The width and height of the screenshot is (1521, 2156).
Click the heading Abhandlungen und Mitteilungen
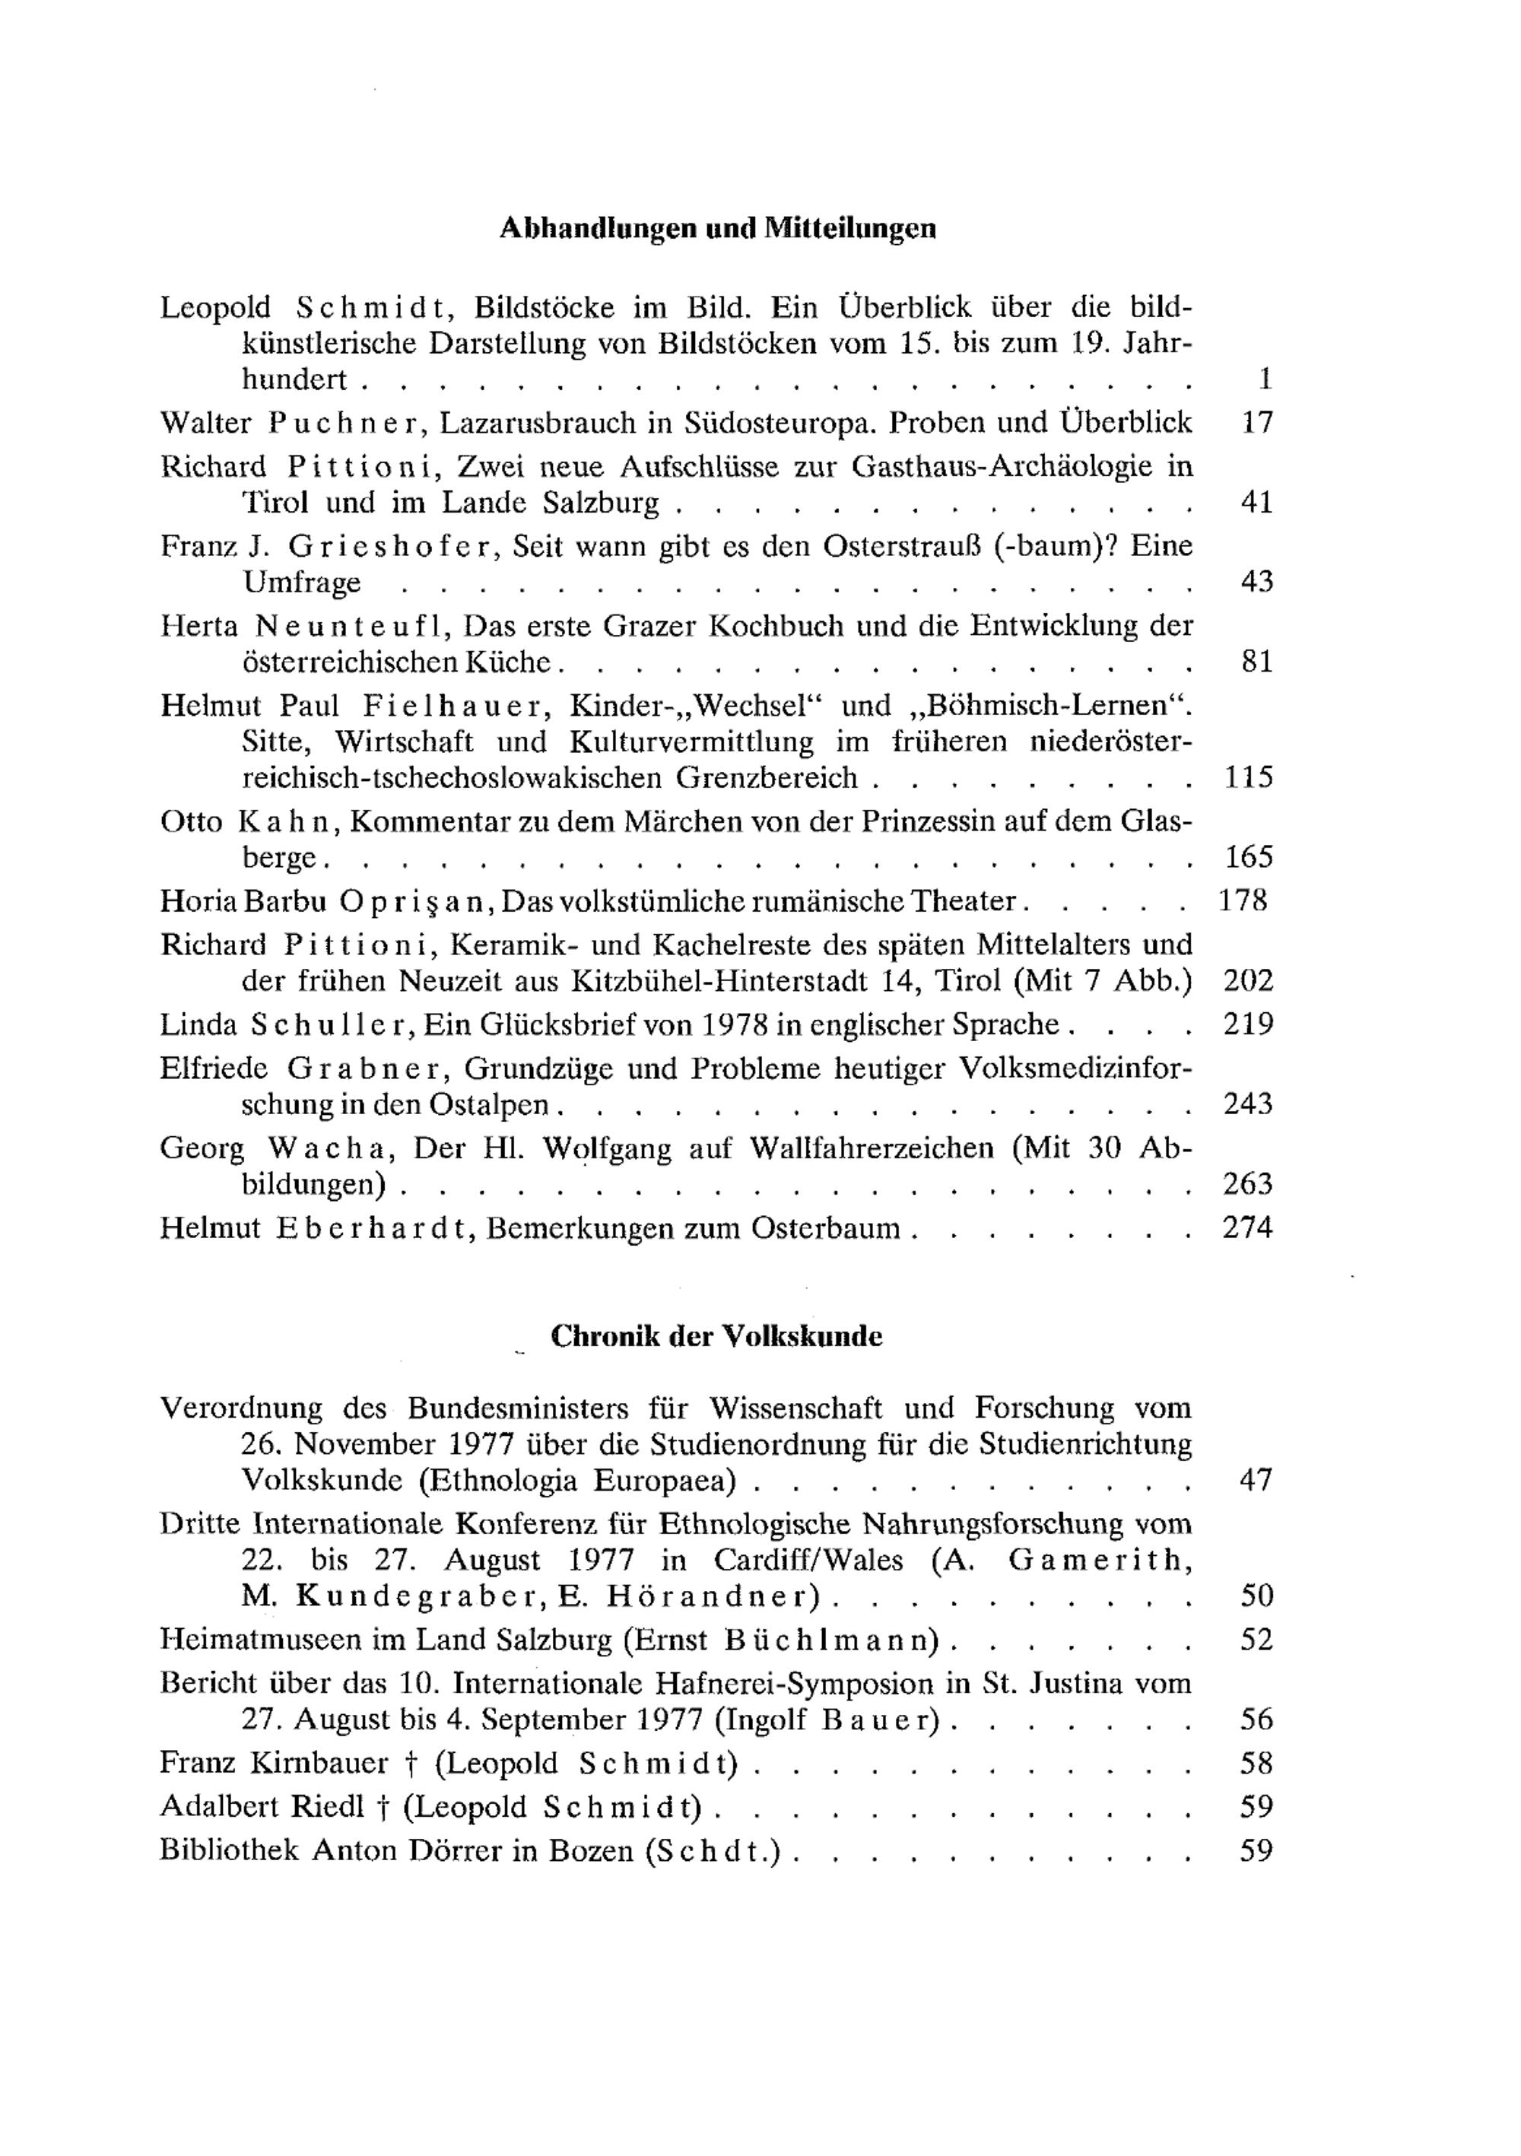(x=717, y=228)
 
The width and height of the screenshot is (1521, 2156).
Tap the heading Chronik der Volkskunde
(x=716, y=1336)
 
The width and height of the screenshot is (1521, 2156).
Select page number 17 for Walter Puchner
(x=1256, y=423)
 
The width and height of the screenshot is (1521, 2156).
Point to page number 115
(x=1249, y=777)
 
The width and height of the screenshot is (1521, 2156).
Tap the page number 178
(x=1243, y=900)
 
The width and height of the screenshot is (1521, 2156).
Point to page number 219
(x=1248, y=1024)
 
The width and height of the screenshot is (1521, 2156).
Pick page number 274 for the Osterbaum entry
(x=1248, y=1227)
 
